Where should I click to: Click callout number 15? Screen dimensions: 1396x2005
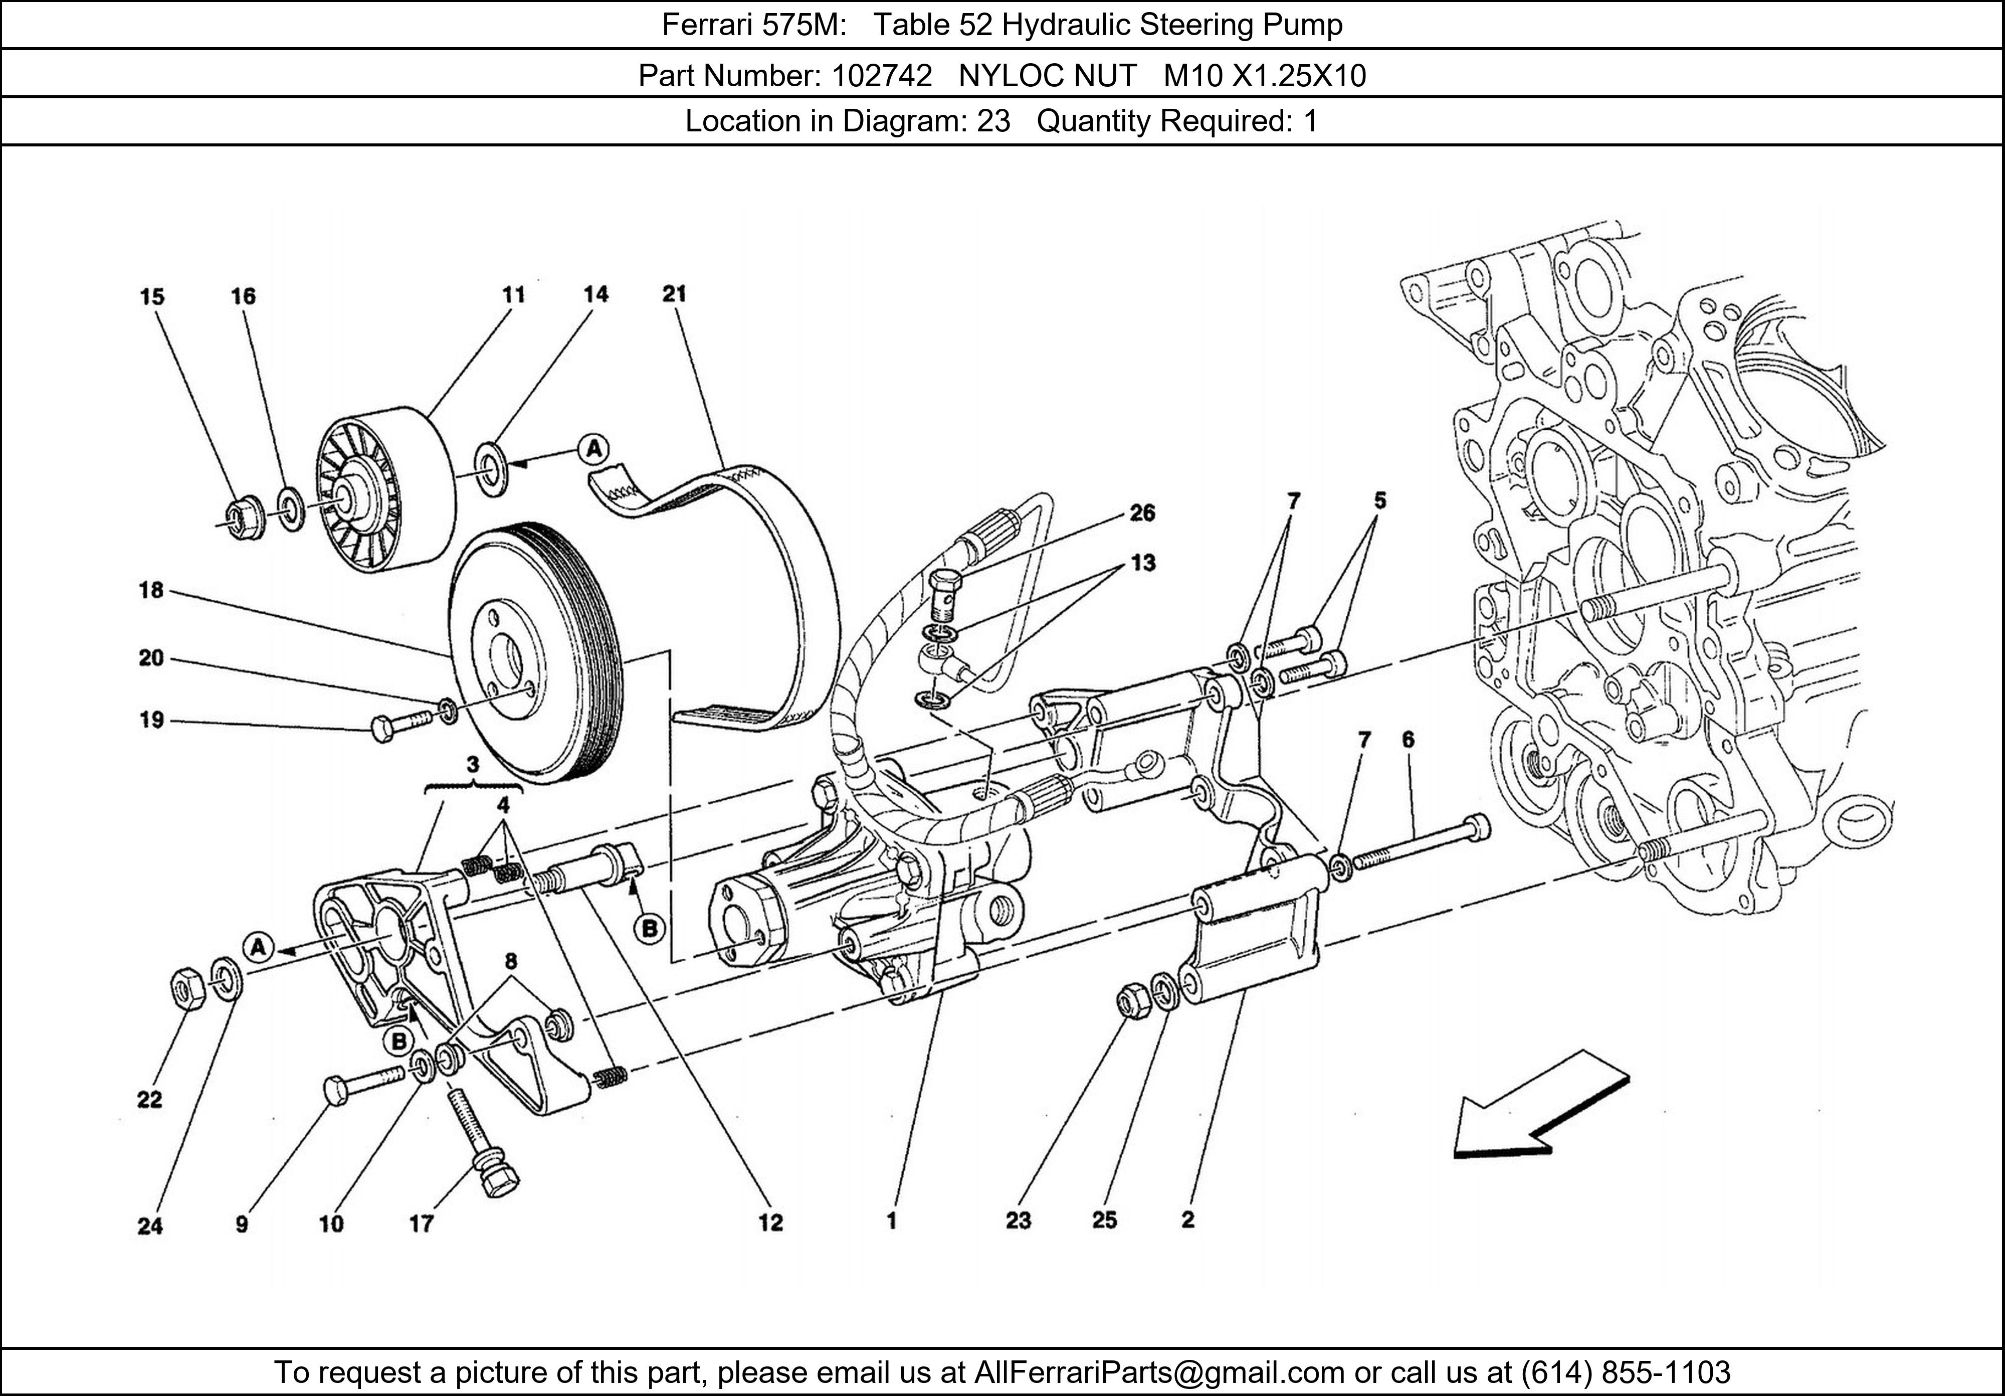(x=152, y=297)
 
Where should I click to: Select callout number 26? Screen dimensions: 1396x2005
(x=1142, y=513)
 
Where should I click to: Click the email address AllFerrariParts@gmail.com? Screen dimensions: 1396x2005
(x=1159, y=1372)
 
